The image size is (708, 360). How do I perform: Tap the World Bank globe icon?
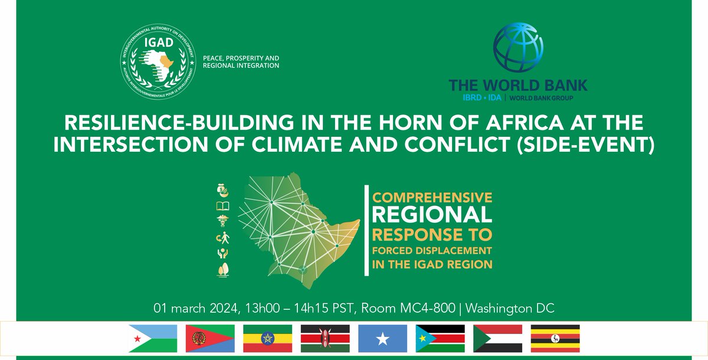point(517,49)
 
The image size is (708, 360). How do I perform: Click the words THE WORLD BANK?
point(518,84)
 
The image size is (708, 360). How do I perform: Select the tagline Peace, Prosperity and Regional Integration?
point(241,62)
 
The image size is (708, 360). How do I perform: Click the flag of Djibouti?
point(153,338)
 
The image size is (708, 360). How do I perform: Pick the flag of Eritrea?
point(211,338)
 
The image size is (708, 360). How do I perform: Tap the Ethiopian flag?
point(268,338)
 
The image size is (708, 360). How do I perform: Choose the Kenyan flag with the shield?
point(325,338)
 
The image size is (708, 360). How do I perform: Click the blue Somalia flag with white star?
point(382,338)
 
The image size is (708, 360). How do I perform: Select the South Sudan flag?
point(440,338)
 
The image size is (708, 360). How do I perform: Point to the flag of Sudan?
point(498,338)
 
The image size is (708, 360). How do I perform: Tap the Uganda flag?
point(555,338)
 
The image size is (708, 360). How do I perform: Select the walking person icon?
point(224,238)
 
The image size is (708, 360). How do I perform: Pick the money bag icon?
point(224,191)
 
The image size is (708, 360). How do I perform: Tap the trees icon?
point(224,270)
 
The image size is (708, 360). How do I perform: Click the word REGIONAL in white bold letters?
point(431,213)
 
